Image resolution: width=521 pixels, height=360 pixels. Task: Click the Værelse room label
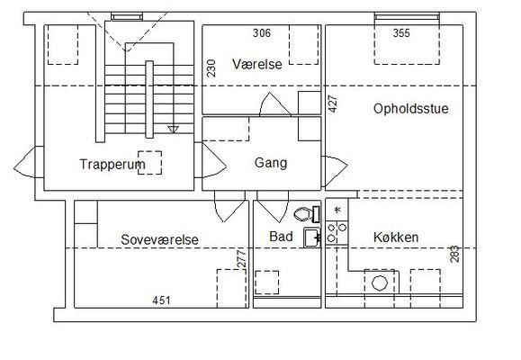coord(257,64)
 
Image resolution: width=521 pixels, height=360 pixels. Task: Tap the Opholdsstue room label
coord(411,109)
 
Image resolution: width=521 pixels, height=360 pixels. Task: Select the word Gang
coord(271,163)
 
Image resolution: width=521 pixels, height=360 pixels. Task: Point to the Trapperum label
coord(112,164)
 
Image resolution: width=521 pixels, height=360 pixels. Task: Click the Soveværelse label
coord(159,239)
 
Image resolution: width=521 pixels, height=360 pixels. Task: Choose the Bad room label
coord(281,237)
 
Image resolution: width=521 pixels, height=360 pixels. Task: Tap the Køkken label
coord(396,238)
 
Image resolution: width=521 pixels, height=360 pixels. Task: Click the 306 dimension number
coord(262,33)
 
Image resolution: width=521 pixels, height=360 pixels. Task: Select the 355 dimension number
coord(401,33)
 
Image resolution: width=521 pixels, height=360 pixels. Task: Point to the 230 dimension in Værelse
coord(211,68)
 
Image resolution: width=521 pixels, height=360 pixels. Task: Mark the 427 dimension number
coord(333,104)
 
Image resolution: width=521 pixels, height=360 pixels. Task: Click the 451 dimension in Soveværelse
coord(161,301)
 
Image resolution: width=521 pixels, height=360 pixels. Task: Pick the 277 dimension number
coord(242,258)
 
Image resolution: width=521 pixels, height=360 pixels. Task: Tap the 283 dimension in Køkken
coord(454,254)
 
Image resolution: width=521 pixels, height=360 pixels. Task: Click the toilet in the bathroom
coord(307,214)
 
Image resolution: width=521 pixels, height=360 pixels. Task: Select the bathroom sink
coord(312,238)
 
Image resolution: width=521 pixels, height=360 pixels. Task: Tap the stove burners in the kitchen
coord(337,233)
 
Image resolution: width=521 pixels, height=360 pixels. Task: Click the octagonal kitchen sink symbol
coord(380,283)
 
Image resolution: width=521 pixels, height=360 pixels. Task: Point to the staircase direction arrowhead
coord(173,130)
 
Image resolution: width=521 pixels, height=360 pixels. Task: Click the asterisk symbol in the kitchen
coord(338,210)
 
